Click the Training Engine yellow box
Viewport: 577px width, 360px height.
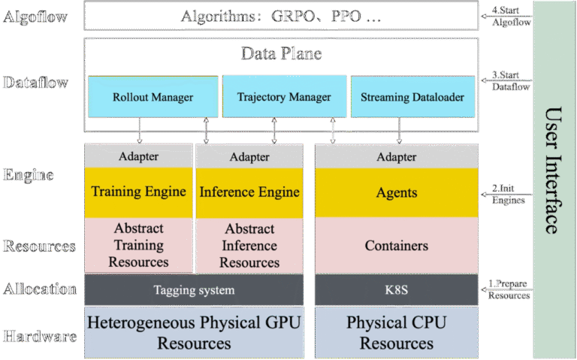[138, 192]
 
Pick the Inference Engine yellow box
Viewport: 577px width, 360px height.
[249, 192]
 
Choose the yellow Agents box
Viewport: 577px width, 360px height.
[396, 192]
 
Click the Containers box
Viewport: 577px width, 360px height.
[396, 246]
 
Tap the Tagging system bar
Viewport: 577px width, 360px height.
[194, 290]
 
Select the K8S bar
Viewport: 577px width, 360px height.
[396, 290]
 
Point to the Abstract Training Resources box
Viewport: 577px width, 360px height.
[138, 245]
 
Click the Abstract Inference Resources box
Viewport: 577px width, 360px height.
[249, 245]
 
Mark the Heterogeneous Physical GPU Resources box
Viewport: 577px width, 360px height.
[194, 332]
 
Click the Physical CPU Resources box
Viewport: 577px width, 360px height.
[396, 332]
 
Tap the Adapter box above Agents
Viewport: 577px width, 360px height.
[396, 157]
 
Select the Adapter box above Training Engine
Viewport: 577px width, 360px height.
[138, 157]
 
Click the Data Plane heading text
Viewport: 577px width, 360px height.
[281, 53]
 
